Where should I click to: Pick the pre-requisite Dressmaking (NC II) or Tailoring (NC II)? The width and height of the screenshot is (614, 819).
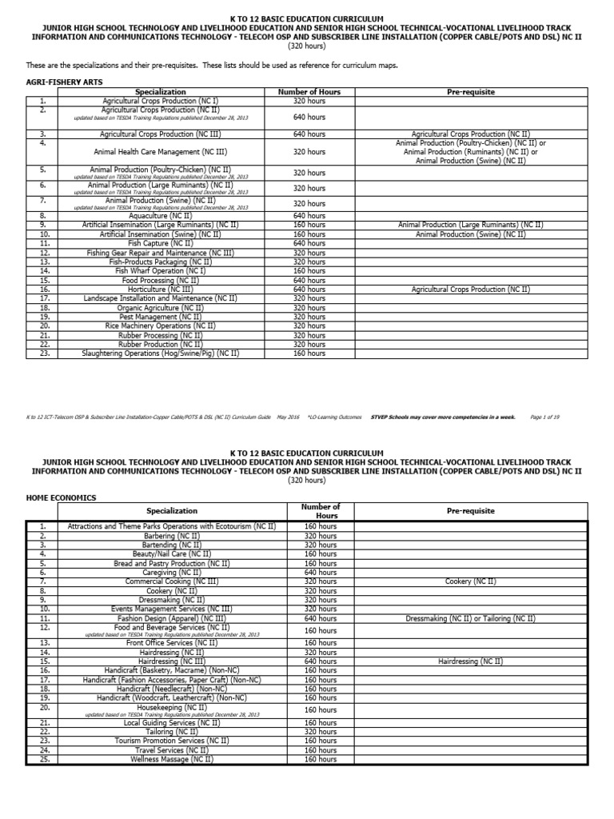470,618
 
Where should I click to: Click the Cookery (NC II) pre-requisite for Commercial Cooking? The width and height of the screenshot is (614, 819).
470,581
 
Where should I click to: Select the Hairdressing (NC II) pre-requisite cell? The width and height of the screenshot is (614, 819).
470,661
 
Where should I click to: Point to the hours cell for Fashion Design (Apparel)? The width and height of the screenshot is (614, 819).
321,618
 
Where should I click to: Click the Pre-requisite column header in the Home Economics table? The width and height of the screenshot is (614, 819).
470,511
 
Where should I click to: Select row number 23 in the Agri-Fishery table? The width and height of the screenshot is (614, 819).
43,353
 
